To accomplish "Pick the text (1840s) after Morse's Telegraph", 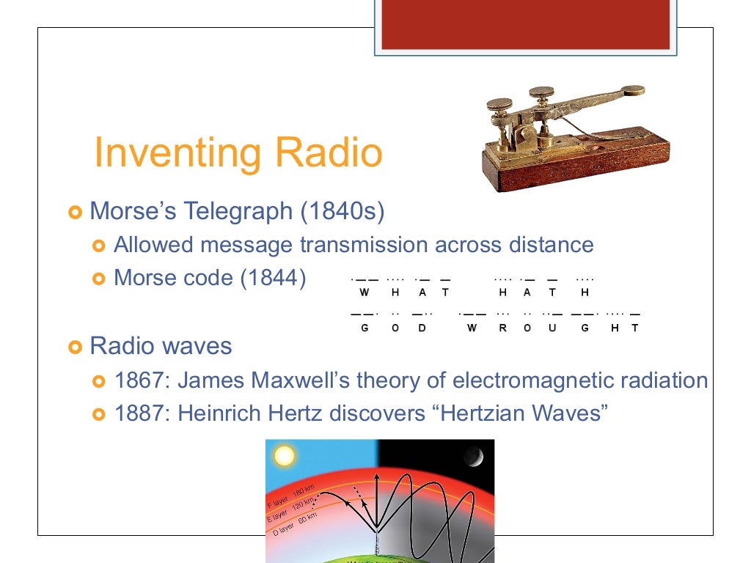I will (342, 212).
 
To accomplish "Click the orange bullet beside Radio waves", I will (74, 346).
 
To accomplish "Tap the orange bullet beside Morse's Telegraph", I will (74, 213).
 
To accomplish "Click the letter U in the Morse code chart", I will (552, 328).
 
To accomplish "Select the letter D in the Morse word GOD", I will (422, 328).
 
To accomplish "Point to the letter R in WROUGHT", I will (502, 328).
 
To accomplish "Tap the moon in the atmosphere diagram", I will (473, 458).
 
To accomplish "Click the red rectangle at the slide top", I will (526, 23).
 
